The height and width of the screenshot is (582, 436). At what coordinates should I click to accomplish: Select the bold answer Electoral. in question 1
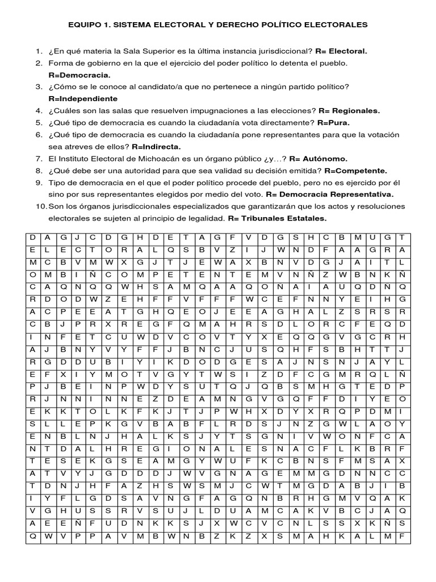pos(348,51)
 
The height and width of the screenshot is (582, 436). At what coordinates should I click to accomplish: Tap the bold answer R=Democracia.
pos(79,74)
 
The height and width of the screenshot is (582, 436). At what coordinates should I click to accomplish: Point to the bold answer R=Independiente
pos(86,98)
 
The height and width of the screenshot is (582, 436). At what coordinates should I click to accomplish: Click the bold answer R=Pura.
pos(334,122)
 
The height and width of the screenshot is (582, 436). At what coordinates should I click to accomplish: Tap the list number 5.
pos(39,122)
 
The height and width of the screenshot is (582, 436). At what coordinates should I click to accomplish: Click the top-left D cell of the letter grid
pos(33,237)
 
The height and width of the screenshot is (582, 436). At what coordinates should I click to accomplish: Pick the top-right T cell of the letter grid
pos(402,237)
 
